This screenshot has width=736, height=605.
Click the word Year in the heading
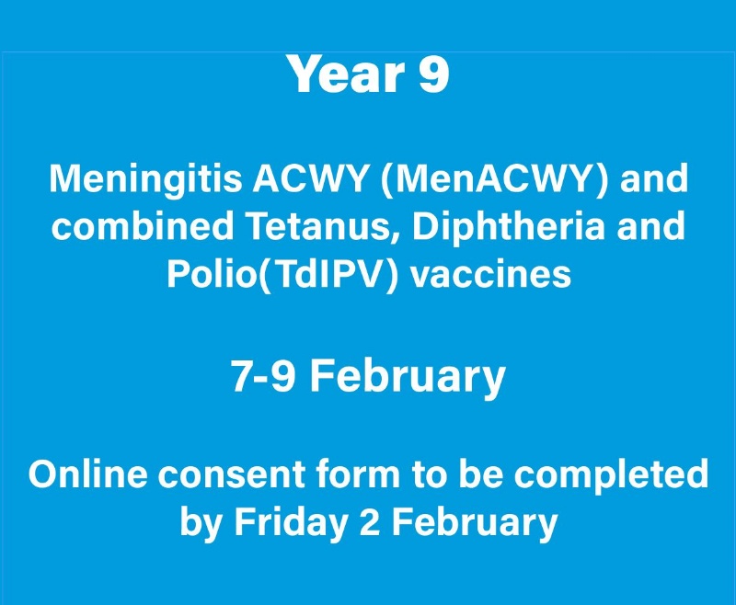coord(347,74)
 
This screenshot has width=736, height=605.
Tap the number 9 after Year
coord(432,74)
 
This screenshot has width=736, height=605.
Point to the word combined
coord(143,225)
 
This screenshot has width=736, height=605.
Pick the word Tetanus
coord(323,226)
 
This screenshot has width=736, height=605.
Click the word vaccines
coord(491,274)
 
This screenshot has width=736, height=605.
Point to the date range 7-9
coord(263,376)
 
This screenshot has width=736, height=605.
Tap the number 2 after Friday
coord(369,521)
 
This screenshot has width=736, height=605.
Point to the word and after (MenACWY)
coord(653,178)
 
